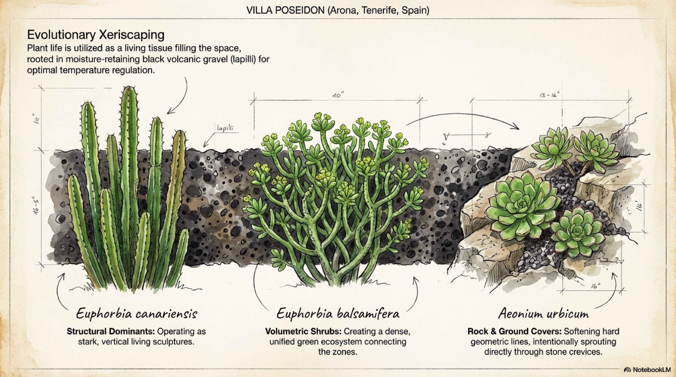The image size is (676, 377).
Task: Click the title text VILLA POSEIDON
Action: (285, 10)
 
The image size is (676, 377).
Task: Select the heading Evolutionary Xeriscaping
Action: (96, 35)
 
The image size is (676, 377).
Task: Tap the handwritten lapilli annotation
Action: (225, 128)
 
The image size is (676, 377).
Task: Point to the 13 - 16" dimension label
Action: (550, 95)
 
